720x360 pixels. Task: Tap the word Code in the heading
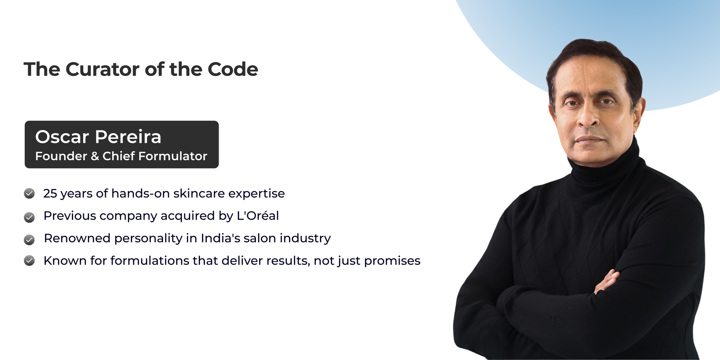pos(233,69)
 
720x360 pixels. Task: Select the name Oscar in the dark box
pos(62,137)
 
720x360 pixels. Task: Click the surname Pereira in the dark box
pos(128,137)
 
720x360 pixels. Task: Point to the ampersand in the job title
pos(95,156)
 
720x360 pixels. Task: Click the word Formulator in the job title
pos(173,156)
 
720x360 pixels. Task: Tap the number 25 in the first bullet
pos(50,194)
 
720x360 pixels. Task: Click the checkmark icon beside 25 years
pos(29,193)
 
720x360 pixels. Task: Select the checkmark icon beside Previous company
pos(29,217)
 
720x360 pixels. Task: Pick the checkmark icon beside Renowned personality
pos(29,239)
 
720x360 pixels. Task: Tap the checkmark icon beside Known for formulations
pos(29,260)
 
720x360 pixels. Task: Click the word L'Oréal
pos(258,216)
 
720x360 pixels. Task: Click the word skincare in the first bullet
pos(199,193)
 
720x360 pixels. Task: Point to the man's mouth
pos(589,139)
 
